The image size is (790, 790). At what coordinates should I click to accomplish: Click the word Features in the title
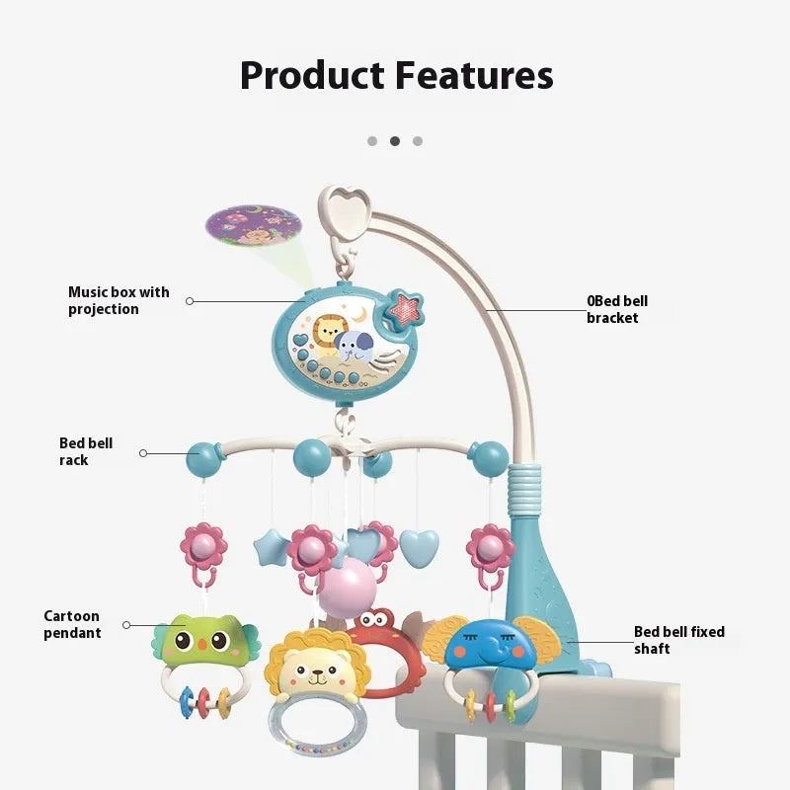pyautogui.click(x=470, y=75)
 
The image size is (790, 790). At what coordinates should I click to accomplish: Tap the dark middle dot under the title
pyautogui.click(x=395, y=141)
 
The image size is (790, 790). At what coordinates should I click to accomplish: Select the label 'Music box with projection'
pyautogui.click(x=118, y=300)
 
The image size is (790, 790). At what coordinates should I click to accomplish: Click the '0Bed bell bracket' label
pyautogui.click(x=617, y=309)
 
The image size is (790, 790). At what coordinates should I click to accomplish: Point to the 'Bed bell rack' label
pyautogui.click(x=86, y=451)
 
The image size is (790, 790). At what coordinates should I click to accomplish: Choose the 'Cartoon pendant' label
pyautogui.click(x=72, y=624)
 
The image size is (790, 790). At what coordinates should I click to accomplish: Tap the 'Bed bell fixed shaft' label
pyautogui.click(x=678, y=640)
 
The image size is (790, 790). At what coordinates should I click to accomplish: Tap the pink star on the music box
pyautogui.click(x=403, y=308)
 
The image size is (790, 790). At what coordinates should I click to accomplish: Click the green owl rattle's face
pyautogui.click(x=204, y=643)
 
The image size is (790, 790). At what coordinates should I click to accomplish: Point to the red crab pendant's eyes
pyautogui.click(x=375, y=620)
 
